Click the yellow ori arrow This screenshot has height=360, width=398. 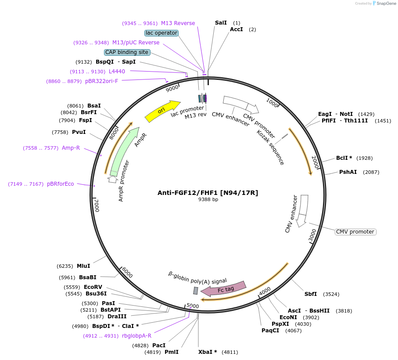[162, 111]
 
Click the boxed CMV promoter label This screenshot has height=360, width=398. [355, 232]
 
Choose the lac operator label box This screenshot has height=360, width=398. [161, 33]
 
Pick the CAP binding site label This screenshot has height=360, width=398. [127, 52]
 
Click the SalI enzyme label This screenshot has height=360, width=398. [221, 23]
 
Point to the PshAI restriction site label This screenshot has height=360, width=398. [348, 172]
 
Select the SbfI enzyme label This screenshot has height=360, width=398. [311, 294]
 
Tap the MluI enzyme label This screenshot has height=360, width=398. [83, 266]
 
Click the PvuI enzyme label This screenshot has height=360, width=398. [79, 132]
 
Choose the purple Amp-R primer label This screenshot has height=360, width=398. [71, 148]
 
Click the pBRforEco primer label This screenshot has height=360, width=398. [61, 184]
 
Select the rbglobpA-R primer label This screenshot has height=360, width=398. [136, 336]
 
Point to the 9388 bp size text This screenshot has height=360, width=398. [208, 199]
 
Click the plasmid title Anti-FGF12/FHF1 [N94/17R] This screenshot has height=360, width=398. [208, 192]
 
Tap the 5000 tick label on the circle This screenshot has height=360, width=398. [193, 306]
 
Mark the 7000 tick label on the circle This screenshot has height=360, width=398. [97, 205]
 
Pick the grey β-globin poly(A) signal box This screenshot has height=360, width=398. [196, 291]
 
